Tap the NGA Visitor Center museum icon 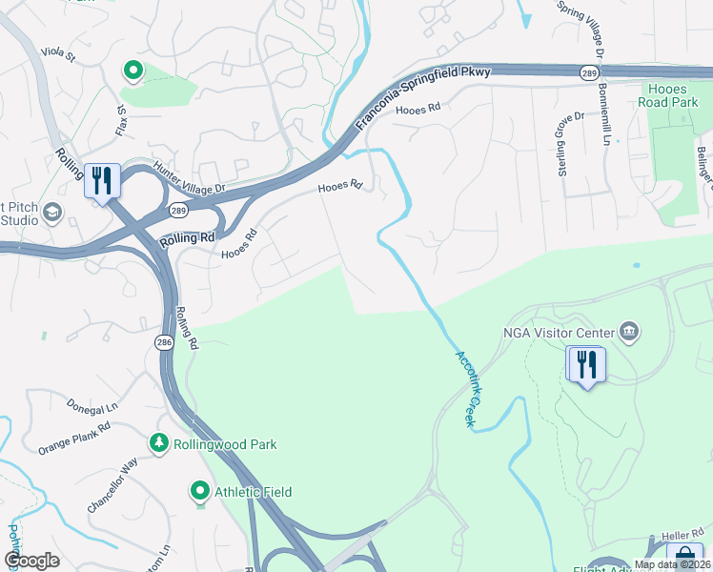pyautogui.click(x=628, y=331)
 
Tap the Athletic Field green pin pyautogui.click(x=199, y=492)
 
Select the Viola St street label pyautogui.click(x=57, y=55)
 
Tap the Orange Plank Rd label pyautogui.click(x=74, y=437)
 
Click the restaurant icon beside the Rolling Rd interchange pyautogui.click(x=100, y=180)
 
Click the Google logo pyautogui.click(x=31, y=561)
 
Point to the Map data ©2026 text pyautogui.click(x=672, y=564)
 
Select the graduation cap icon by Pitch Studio pyautogui.click(x=52, y=212)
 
